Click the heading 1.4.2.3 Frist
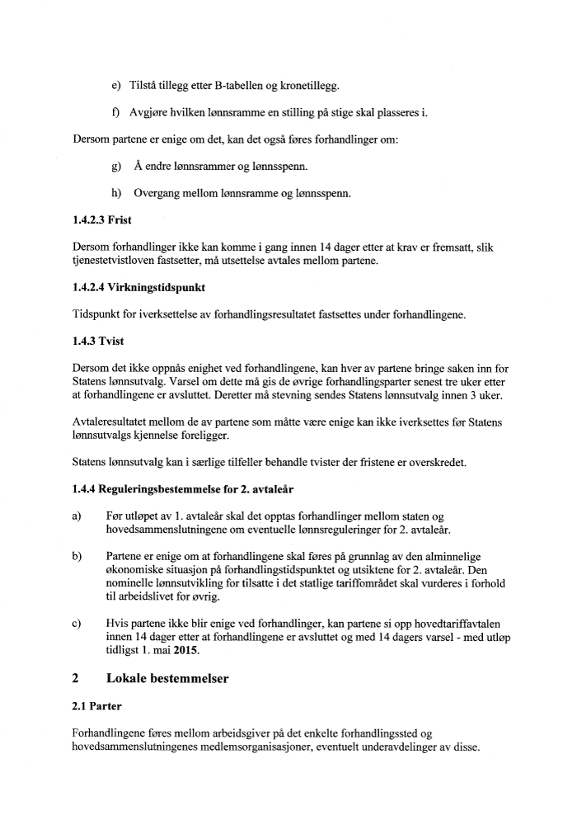[x=102, y=220]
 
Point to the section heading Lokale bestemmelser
[x=167, y=679]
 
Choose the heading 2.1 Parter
[x=98, y=706]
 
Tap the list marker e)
[x=115, y=85]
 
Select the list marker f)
[x=115, y=112]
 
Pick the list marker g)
[x=115, y=167]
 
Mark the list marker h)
[x=115, y=194]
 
